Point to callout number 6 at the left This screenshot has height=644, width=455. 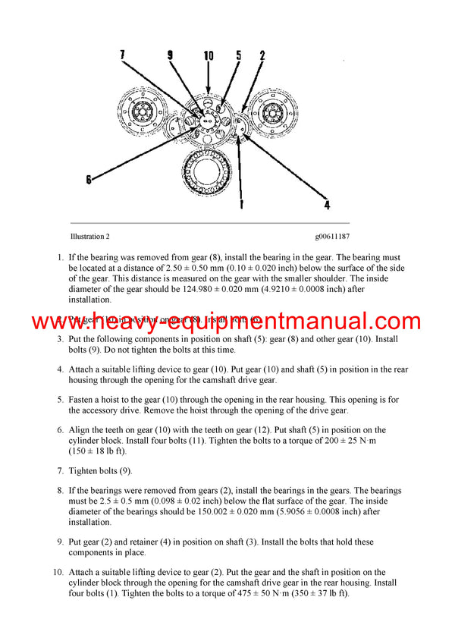[89, 180]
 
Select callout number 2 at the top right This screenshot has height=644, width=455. [262, 55]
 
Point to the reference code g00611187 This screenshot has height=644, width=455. [333, 237]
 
